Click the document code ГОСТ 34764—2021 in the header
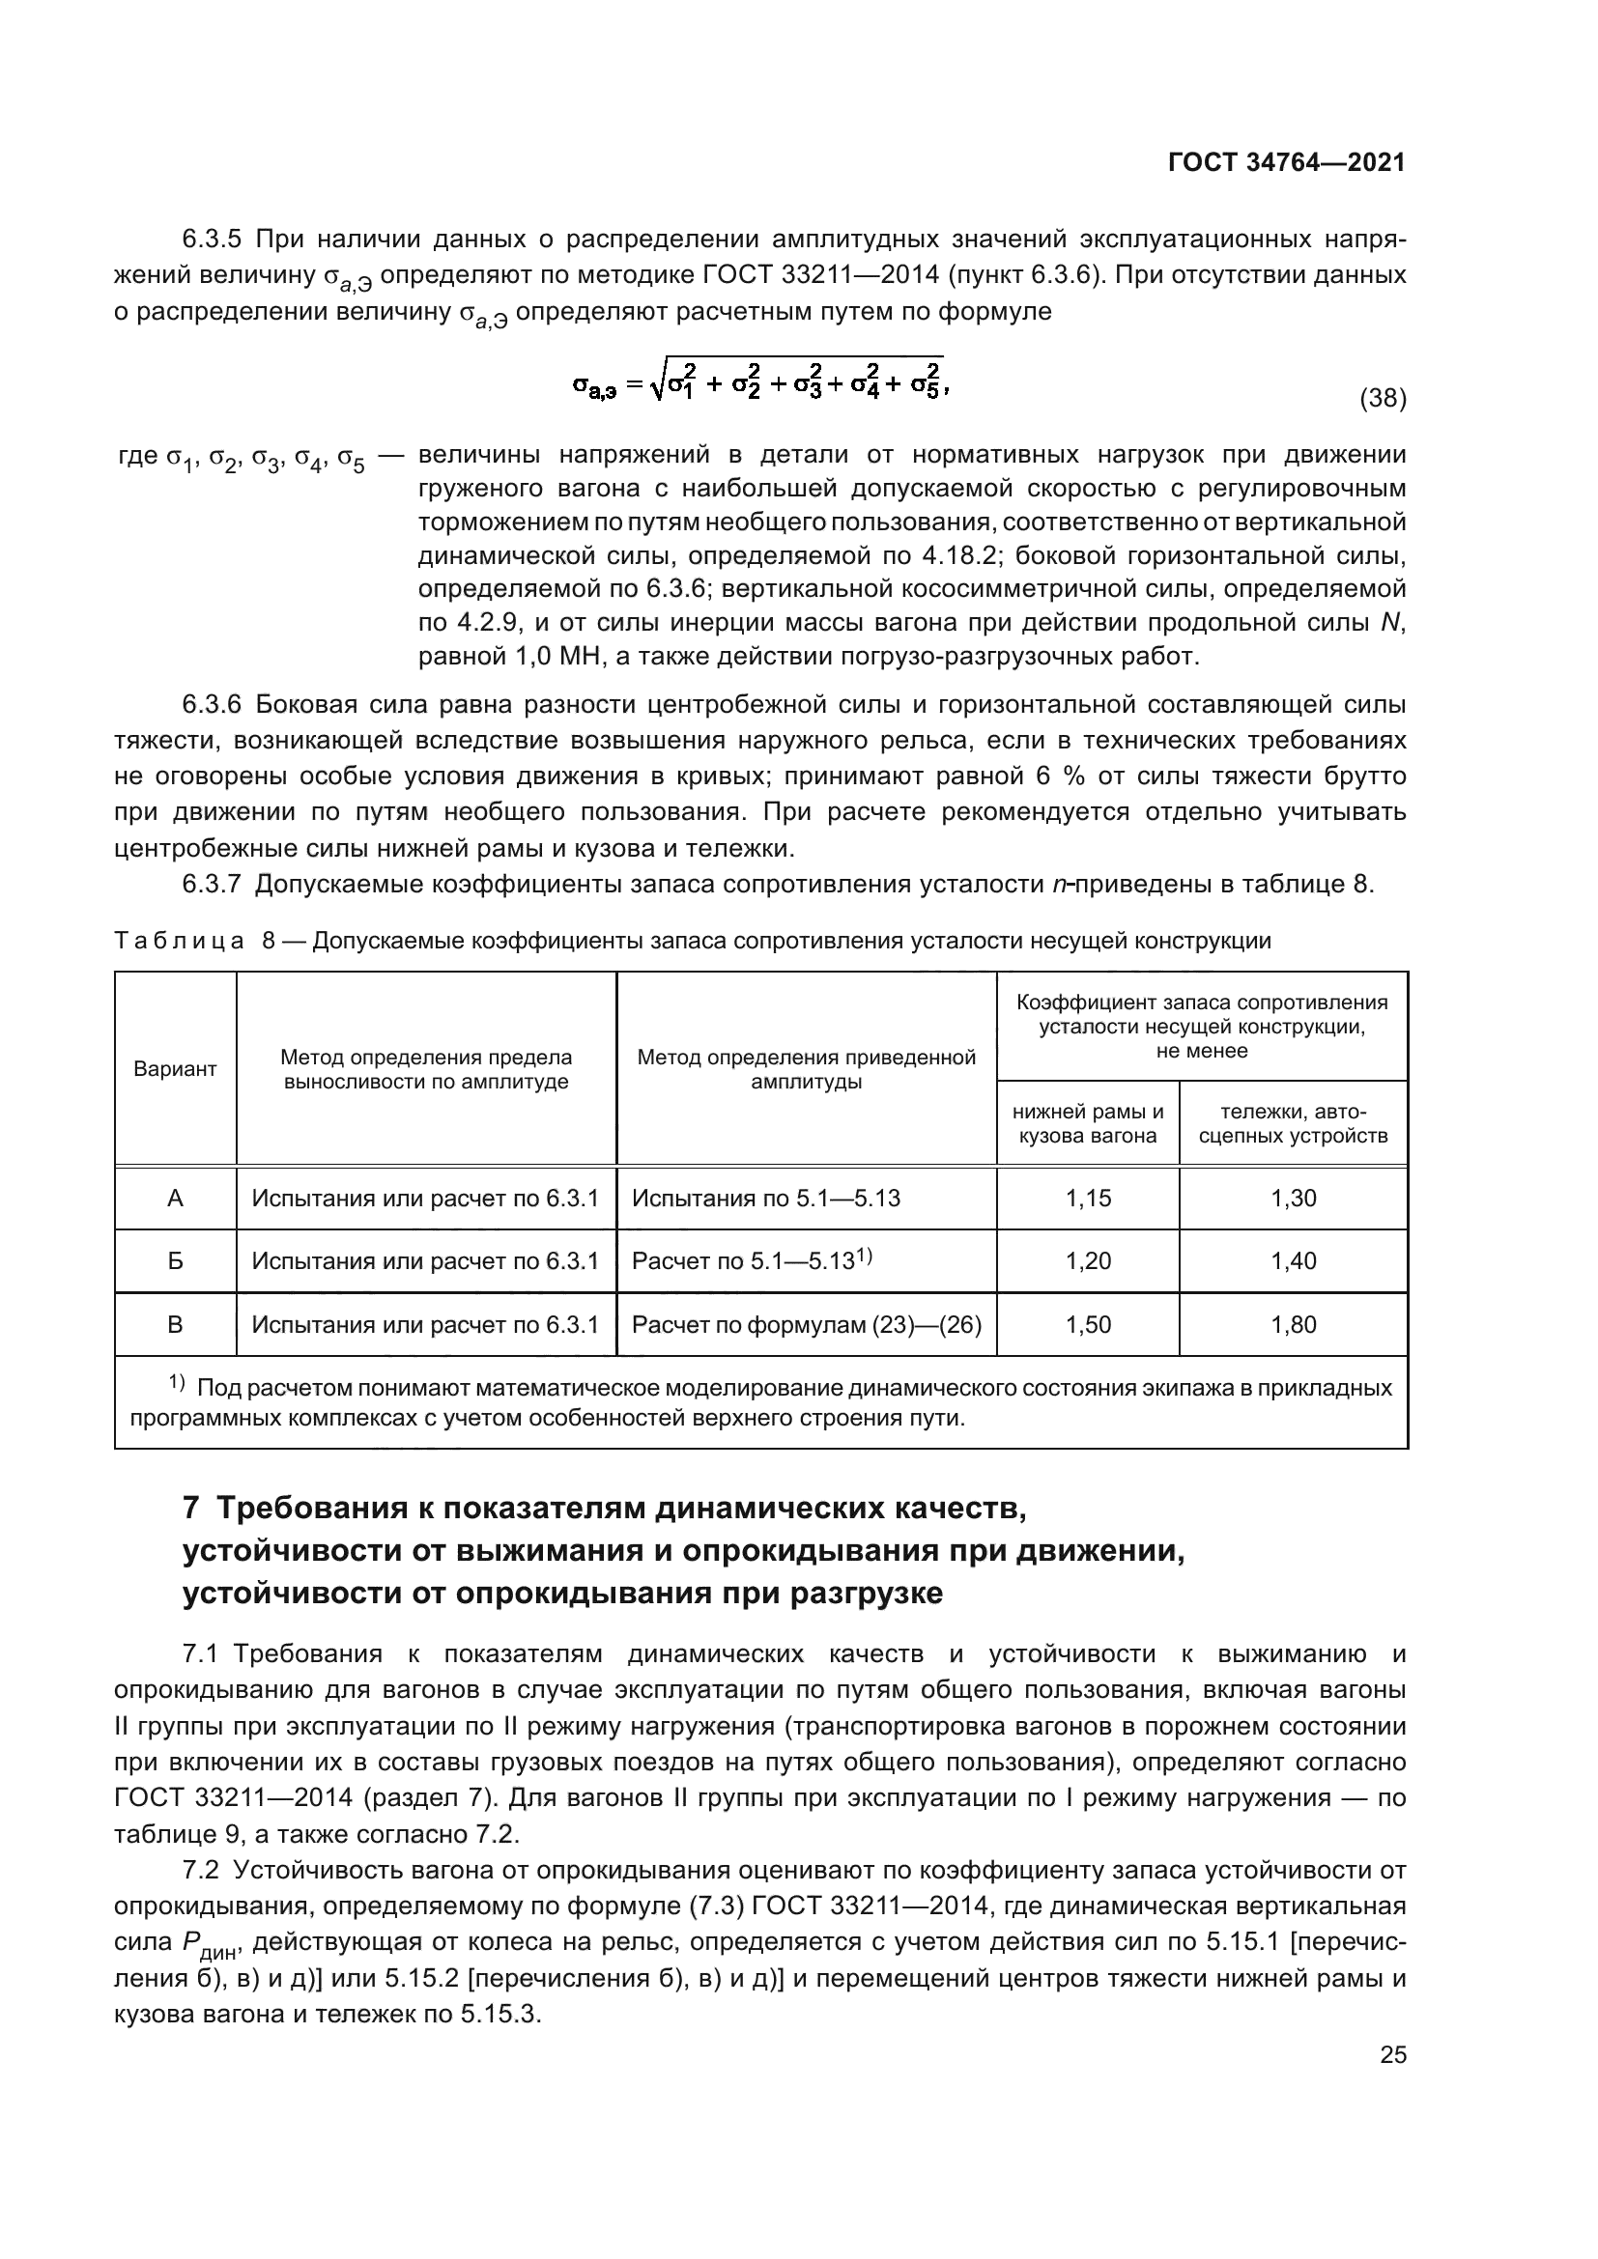[1286, 162]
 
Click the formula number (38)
[1382, 399]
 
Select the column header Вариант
[175, 1069]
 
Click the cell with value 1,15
[1087, 1199]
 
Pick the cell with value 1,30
[1293, 1199]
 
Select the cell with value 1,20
[1087, 1261]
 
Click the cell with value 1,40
[1293, 1261]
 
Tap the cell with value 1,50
[1087, 1324]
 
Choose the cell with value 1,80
[1293, 1324]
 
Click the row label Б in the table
[175, 1261]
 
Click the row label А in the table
[175, 1199]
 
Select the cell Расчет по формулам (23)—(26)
[806, 1324]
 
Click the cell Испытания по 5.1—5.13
[765, 1199]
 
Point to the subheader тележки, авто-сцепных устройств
[1293, 1123]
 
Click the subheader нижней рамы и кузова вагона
[1087, 1123]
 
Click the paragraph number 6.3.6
[212, 704]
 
